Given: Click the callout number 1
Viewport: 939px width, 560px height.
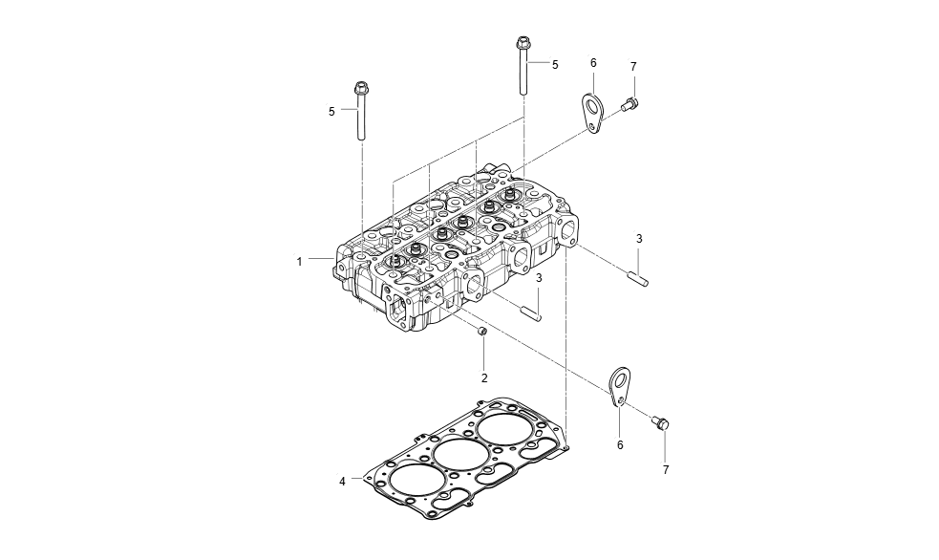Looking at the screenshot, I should tap(299, 261).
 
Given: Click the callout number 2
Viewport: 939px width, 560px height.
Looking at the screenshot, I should tap(484, 378).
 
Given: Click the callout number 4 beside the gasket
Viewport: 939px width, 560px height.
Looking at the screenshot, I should tap(342, 482).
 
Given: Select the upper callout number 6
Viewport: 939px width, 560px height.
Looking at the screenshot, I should tap(593, 63).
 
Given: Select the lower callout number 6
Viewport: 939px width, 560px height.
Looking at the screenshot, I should tap(619, 445).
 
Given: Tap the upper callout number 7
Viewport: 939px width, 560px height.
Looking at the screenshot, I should tap(633, 66).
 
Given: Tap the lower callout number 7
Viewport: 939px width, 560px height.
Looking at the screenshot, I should tap(667, 470).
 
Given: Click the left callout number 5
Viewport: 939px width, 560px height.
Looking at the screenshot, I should tap(331, 112).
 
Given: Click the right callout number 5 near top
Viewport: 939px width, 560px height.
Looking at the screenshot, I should tap(555, 64).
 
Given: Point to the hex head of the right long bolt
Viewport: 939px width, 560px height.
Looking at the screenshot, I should tap(523, 43).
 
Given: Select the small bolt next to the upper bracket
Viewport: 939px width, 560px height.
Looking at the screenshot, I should tap(630, 104).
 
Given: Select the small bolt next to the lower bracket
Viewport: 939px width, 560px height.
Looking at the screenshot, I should tap(661, 421).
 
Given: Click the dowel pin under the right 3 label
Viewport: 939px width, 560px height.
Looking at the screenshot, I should tap(638, 279).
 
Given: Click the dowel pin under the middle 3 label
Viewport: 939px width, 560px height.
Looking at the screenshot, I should tap(530, 312).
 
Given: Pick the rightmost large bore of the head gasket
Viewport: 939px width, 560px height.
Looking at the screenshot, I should tap(504, 429).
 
